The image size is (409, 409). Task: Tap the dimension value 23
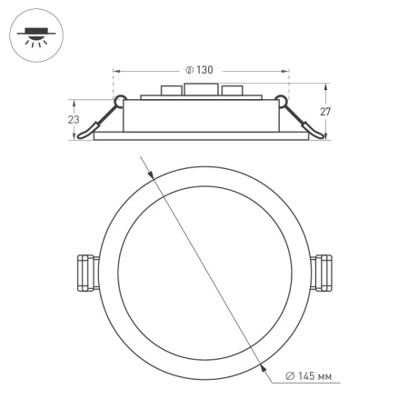click(x=74, y=119)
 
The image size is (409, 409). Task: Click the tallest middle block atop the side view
click(x=202, y=89)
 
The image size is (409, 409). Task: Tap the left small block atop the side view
click(x=169, y=91)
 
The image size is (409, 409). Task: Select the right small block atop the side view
click(x=233, y=91)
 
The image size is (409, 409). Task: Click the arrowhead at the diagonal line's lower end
click(x=262, y=367)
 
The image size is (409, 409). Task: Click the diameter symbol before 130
click(x=187, y=70)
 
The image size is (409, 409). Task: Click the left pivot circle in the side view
click(x=118, y=100)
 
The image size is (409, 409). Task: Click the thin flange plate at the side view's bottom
click(x=202, y=137)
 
